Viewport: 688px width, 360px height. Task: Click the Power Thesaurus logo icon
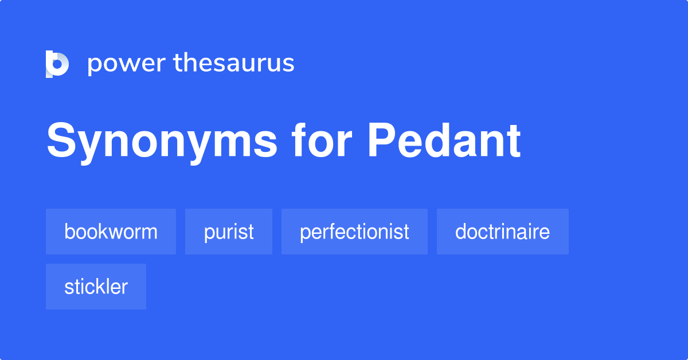point(57,64)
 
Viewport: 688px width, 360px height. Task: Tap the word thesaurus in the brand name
point(234,63)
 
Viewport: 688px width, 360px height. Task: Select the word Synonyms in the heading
point(162,142)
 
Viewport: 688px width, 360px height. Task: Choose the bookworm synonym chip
point(111,232)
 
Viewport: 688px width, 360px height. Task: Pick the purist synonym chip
point(229,232)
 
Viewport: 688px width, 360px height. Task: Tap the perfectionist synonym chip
point(354,232)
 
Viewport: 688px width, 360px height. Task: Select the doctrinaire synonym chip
point(502,232)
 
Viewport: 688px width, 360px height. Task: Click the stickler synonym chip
point(96,287)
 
